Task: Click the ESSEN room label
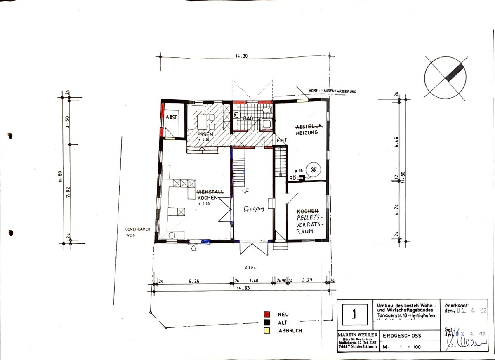tap(205, 135)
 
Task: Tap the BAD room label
tap(247, 118)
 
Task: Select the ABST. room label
tap(171, 118)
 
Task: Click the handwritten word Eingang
tap(253, 209)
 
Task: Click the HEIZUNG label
tap(306, 133)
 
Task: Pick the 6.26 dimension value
tap(194, 281)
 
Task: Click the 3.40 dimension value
tap(254, 281)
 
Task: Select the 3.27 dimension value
tap(307, 281)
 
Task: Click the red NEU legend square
tap(267, 314)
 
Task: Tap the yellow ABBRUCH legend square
tap(267, 331)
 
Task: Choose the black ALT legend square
tap(267, 322)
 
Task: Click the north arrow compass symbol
tap(445, 78)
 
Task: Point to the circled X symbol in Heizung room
tap(314, 169)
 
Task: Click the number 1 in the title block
tap(354, 314)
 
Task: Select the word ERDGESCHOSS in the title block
tap(399, 336)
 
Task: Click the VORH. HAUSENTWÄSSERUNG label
tap(332, 91)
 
